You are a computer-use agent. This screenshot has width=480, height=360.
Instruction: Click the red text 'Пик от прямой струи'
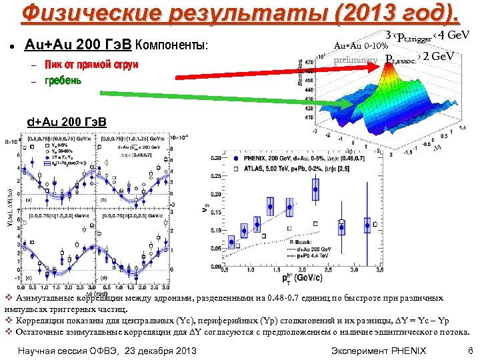91,65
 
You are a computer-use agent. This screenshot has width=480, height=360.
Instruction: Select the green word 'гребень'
63,81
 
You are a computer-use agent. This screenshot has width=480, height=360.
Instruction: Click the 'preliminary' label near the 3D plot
355,61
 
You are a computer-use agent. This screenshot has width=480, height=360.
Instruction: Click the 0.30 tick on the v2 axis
215,157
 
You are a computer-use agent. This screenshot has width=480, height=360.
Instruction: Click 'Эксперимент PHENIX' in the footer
378,350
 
